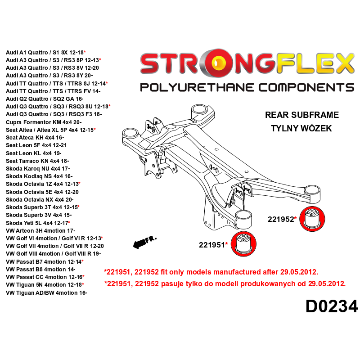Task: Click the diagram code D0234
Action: (x=331, y=306)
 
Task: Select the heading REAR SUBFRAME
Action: (x=301, y=115)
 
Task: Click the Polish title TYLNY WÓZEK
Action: (x=301, y=129)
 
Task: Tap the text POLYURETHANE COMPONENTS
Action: (x=247, y=87)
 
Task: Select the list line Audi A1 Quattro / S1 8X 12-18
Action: (x=45, y=52)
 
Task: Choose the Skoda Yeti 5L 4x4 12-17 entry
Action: (x=37, y=223)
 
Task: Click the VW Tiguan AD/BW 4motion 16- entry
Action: (x=46, y=292)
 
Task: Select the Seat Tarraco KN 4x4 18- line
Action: (x=37, y=161)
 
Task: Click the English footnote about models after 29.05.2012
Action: (x=211, y=272)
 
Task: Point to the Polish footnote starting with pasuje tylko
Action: (x=225, y=284)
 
